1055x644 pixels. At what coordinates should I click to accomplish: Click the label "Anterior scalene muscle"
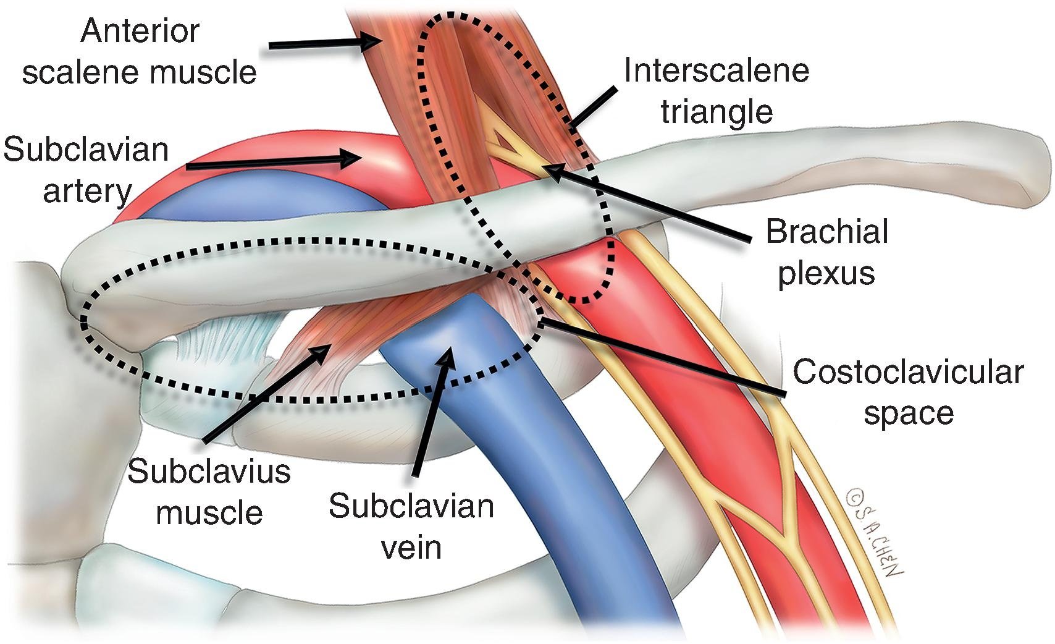click(139, 52)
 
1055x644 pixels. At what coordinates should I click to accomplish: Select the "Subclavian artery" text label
click(86, 171)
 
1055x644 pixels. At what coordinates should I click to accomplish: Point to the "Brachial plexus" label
click(826, 252)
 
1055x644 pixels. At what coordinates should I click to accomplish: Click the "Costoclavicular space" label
click(908, 392)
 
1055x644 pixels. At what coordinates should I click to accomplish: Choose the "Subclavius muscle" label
click(209, 492)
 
